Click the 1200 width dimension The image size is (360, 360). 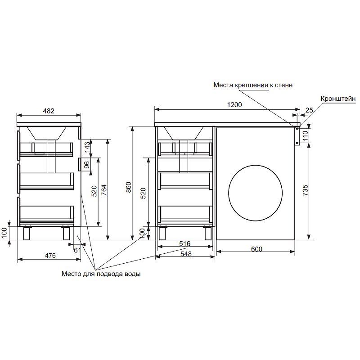234,105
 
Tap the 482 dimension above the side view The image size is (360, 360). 49,111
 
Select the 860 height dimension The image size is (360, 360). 129,187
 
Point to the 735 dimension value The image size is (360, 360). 306,190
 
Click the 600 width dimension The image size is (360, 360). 256,249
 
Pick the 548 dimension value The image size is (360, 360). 186,254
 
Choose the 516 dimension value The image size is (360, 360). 185,243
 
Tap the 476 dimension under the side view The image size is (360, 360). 50,256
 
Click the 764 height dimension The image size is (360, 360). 104,190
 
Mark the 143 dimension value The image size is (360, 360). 87,148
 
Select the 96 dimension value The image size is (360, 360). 87,165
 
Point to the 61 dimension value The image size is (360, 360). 77,250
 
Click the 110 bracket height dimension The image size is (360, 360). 306,136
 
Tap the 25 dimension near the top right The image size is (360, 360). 309,110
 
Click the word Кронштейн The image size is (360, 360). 338,99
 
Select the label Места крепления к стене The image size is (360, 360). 253,85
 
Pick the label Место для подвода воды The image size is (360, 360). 101,274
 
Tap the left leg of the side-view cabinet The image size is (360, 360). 27,233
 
